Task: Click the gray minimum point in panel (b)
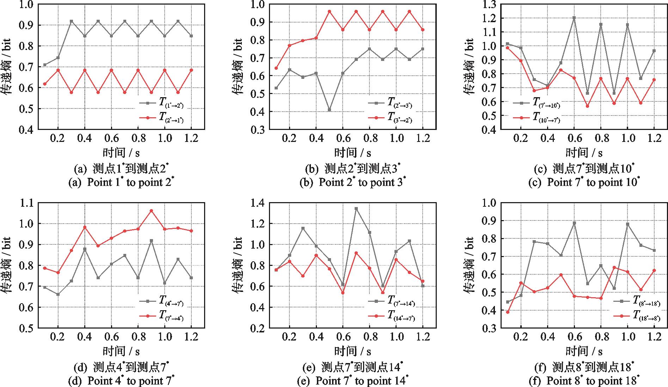coord(330,110)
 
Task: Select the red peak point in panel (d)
coord(151,211)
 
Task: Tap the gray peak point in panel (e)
coord(356,208)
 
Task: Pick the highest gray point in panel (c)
coord(574,18)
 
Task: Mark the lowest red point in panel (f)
coord(508,312)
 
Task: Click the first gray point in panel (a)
coord(45,65)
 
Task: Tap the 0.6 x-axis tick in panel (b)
coord(343,138)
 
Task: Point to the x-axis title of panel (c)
coord(584,152)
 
